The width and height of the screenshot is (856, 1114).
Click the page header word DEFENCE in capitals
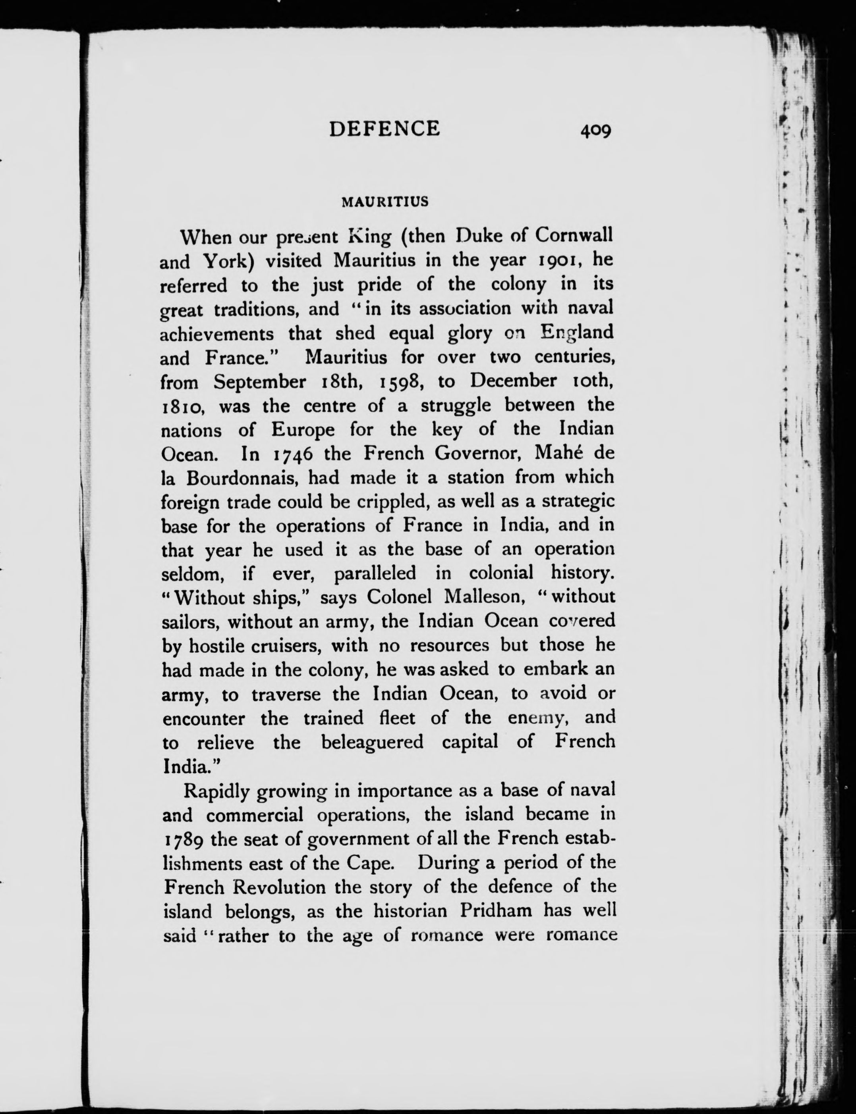[x=384, y=129]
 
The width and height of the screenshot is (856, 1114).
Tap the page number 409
[x=595, y=131]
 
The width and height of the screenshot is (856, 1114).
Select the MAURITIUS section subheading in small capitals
[x=385, y=202]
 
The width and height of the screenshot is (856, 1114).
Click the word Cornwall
[x=574, y=235]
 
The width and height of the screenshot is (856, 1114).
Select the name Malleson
[x=484, y=597]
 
